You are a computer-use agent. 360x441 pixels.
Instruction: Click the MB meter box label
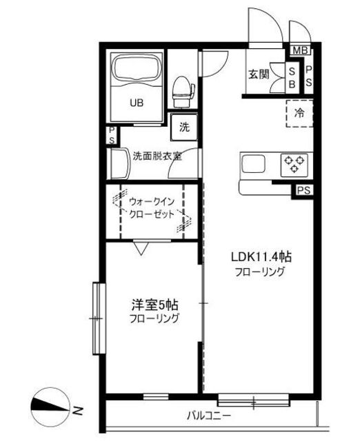pos(300,50)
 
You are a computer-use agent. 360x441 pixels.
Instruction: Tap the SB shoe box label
pos(292,78)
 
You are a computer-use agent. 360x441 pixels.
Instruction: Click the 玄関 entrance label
pos(259,74)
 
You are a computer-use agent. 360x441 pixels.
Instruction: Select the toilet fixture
pos(183,92)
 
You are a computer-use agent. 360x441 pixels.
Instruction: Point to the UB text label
pos(137,103)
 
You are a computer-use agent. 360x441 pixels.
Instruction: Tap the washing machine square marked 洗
pos(184,127)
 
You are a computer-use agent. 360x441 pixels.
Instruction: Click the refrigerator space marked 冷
pos(299,113)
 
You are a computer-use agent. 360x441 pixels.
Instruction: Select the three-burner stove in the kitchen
pos(294,165)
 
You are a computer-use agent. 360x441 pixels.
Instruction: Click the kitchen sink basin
pos(253,165)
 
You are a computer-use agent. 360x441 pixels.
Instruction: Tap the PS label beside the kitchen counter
pos(304,190)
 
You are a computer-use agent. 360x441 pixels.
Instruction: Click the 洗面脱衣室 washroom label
pos(157,156)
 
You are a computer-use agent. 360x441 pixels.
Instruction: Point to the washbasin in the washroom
pos(119,163)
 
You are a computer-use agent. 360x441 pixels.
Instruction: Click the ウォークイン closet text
pos(152,201)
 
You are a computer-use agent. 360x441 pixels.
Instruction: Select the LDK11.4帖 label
pos(261,257)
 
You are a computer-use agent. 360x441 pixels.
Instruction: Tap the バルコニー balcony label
pos(209,415)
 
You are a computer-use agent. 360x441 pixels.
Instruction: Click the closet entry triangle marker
pos(141,247)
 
